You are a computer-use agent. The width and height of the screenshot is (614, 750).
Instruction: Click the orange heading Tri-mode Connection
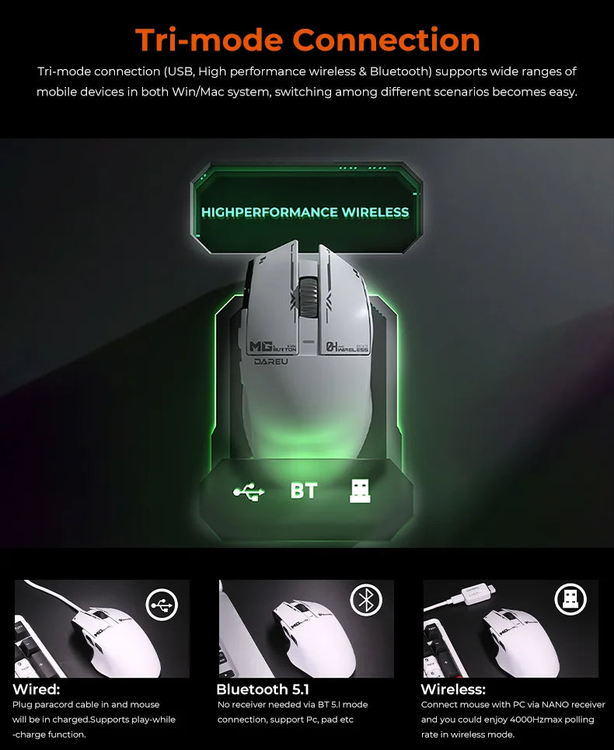click(308, 40)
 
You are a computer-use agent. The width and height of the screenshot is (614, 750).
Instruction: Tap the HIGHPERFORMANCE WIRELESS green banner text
click(305, 212)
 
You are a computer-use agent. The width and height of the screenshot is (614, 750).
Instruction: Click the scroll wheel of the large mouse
click(309, 297)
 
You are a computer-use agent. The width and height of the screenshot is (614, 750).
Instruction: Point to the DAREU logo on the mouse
click(270, 361)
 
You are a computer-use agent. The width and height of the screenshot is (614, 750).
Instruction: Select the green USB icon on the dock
click(249, 491)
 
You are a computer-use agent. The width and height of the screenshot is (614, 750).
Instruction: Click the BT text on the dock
click(304, 490)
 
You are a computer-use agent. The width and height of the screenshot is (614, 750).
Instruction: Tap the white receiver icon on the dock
click(360, 491)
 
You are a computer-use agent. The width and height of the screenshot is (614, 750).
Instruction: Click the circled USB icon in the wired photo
click(162, 605)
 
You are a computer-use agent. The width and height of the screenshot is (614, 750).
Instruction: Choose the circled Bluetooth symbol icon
click(366, 600)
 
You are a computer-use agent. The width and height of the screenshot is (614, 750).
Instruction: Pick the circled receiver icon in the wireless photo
click(570, 599)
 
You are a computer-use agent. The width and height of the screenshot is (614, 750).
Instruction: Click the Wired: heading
click(37, 689)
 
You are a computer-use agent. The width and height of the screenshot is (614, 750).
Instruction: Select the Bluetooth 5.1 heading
click(263, 689)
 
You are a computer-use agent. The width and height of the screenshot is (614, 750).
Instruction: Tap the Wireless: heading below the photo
click(453, 689)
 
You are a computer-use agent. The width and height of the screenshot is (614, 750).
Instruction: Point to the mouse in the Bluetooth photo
click(315, 637)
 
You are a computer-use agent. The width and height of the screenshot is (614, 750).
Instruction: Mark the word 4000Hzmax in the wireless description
click(535, 720)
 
